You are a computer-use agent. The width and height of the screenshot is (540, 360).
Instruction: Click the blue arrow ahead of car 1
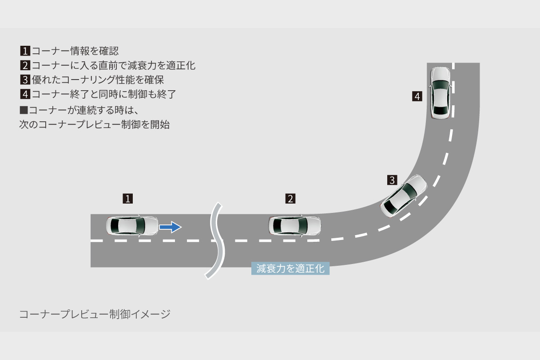coord(170,227)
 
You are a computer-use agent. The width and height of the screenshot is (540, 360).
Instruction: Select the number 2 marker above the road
coord(290,199)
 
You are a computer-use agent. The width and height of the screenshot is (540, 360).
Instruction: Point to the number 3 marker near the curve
coord(392,180)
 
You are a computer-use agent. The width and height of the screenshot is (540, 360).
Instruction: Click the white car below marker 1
coord(132,226)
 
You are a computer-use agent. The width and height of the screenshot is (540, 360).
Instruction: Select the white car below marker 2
coord(294,226)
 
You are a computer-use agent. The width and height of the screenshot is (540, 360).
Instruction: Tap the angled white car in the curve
coord(404,196)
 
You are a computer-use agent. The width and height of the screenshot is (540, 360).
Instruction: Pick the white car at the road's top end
coord(441,93)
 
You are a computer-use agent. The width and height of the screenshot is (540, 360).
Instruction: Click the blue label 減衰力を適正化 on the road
coord(290,268)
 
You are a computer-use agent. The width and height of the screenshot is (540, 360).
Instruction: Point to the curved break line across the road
coord(217,240)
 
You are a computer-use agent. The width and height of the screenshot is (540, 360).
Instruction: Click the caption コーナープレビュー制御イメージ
coord(95,314)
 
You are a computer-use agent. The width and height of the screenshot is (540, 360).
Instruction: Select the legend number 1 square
coord(25,51)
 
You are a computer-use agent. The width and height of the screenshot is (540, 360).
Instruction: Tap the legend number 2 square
coord(25,66)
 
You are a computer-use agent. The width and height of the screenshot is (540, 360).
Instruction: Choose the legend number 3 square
coord(25,80)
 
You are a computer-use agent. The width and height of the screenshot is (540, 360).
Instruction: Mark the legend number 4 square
coord(25,94)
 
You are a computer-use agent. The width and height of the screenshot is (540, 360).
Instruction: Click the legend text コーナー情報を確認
coord(75,51)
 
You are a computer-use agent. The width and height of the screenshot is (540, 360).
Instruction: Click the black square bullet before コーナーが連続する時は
coord(24,109)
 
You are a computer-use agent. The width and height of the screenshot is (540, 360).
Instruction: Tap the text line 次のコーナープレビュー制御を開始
coord(94,124)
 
